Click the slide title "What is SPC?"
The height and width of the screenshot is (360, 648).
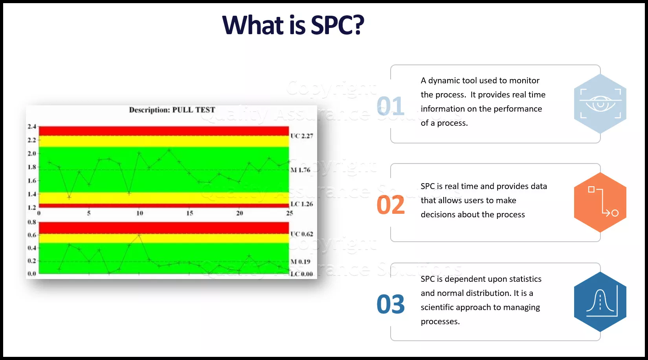(x=293, y=25)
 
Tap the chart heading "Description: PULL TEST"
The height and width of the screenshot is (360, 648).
(x=172, y=110)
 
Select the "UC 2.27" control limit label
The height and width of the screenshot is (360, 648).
(x=302, y=136)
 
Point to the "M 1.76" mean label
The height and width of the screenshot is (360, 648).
(x=300, y=170)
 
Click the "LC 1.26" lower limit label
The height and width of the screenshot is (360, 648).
(x=302, y=204)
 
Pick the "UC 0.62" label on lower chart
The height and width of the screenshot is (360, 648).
(x=302, y=234)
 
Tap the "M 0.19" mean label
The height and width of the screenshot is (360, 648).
(x=300, y=262)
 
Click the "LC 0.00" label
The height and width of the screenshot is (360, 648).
(x=302, y=274)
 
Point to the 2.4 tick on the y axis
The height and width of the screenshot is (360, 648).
(x=32, y=127)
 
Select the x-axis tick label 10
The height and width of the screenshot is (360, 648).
(x=140, y=213)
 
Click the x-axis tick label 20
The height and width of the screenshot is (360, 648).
(x=240, y=213)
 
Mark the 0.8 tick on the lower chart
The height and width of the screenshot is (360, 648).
(x=32, y=222)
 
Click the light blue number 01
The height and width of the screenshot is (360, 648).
(x=390, y=106)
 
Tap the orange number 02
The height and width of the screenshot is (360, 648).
(x=391, y=205)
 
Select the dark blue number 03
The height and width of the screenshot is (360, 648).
(x=391, y=304)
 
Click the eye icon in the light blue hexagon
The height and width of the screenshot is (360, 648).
(x=600, y=103)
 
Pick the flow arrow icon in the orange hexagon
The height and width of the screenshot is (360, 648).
(x=603, y=202)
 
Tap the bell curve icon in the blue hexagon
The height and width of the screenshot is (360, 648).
(x=602, y=301)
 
